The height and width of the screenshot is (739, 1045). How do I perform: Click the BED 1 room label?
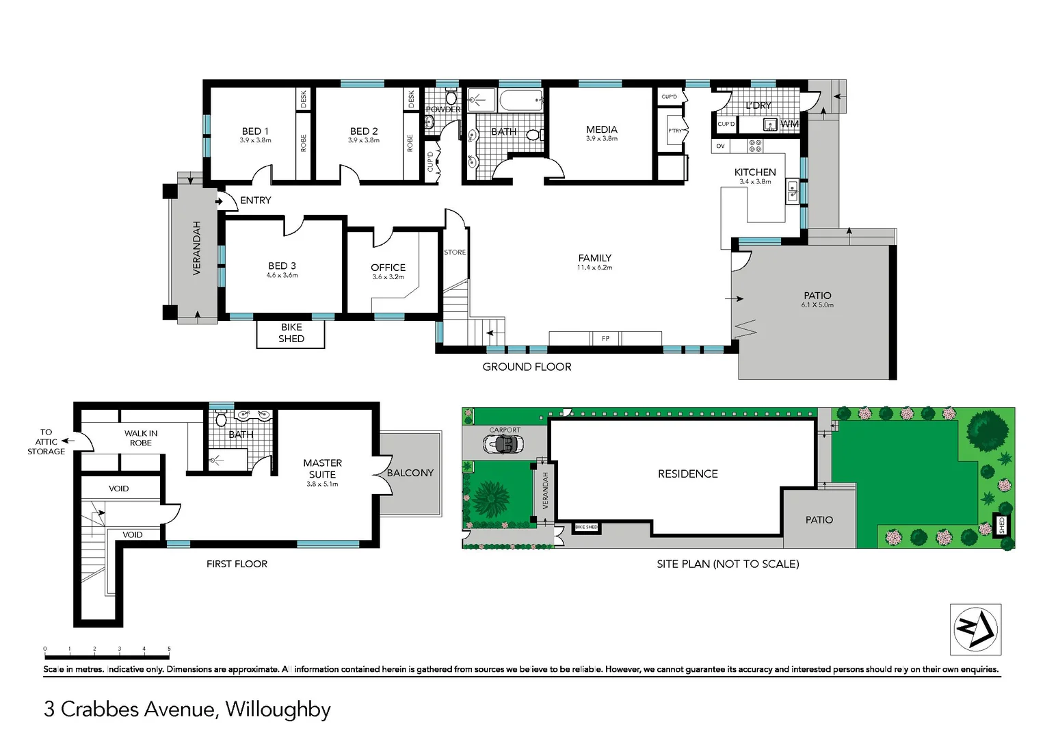255,131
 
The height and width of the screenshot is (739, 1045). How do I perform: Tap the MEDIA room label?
601,129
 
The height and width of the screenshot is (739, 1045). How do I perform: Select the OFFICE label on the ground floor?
388,268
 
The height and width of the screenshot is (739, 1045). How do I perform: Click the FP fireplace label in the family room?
605,339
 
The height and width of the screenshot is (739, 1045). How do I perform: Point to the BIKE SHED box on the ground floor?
291,333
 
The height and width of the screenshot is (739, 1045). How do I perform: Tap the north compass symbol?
975,630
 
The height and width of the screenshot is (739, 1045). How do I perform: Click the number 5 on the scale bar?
169,649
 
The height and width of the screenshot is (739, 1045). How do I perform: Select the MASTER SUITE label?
322,469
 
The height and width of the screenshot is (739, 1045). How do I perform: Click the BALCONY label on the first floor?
410,473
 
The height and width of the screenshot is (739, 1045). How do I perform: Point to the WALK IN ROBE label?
141,438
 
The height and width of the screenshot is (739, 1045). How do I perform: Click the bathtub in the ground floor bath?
520,101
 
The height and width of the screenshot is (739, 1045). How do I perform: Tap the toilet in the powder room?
451,98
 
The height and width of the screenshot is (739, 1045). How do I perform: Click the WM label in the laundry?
789,124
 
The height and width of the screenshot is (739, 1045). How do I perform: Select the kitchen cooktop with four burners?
755,146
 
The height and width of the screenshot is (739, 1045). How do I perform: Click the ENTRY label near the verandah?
255,200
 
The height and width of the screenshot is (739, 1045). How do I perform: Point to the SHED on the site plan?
1002,525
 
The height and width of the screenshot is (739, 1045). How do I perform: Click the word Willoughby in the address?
278,710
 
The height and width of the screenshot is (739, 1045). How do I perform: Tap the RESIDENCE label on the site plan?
687,474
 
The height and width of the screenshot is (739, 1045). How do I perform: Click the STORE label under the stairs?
455,252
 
